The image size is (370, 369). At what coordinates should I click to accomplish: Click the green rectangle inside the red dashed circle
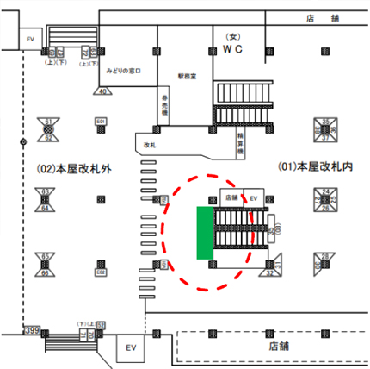[204, 233]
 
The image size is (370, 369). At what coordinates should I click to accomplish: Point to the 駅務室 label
[188, 77]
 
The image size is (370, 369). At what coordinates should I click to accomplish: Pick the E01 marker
[100, 121]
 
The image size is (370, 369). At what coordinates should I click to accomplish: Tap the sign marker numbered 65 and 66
[46, 262]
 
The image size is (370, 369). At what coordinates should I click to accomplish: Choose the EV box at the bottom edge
[132, 347]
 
